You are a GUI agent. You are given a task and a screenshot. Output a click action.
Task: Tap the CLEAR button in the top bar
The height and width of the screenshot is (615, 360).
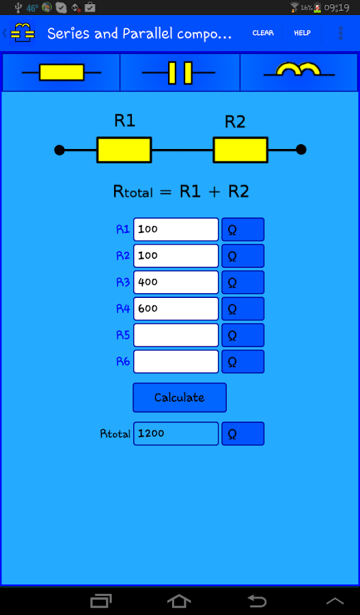[x=263, y=33]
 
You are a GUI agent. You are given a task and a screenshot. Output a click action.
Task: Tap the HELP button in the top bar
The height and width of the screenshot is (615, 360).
[x=302, y=33]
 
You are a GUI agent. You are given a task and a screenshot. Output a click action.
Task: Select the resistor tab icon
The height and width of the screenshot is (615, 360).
[x=61, y=72]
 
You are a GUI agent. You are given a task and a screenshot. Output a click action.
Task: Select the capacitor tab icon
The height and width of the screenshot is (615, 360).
[x=180, y=72]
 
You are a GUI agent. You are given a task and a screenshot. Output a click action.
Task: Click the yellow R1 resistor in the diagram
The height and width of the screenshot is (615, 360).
[x=124, y=150]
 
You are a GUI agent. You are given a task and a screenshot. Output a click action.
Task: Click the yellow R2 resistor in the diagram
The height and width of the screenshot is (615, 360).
[x=240, y=150]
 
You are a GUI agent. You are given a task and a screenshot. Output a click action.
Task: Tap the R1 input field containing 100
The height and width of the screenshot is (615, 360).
[x=176, y=230]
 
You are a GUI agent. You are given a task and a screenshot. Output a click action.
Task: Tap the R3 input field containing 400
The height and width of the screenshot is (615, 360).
[x=176, y=282]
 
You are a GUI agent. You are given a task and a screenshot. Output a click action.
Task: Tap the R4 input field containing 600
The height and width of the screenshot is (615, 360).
[x=176, y=308]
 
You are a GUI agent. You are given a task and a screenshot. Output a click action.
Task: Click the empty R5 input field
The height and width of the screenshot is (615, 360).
[x=176, y=335]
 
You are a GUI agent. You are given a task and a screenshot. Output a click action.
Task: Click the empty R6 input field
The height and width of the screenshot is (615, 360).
[x=176, y=361]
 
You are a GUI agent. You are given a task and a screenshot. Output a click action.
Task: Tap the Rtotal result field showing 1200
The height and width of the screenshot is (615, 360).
[x=176, y=433]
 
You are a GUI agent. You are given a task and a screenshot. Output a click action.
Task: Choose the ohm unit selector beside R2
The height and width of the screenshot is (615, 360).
[x=243, y=256]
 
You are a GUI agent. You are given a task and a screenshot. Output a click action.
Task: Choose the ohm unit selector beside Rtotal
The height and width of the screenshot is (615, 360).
[x=243, y=433]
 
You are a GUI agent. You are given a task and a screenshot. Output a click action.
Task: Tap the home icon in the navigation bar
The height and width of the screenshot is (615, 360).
[x=179, y=601]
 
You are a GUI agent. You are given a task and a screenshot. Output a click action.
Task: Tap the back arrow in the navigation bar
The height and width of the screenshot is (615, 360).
[x=257, y=601]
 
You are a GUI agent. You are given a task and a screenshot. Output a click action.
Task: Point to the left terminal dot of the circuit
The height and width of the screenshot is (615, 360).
[x=59, y=150]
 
